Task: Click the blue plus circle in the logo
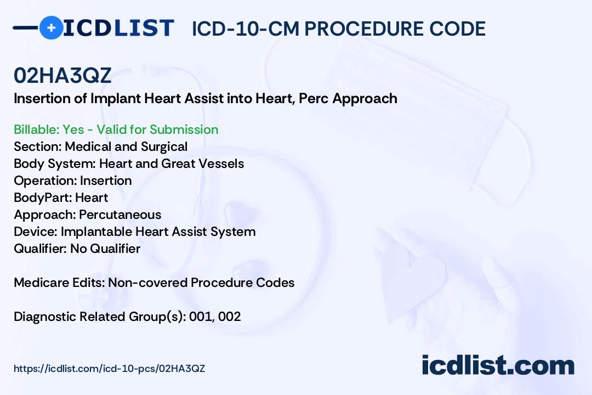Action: [51, 27]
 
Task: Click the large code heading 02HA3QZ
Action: [62, 76]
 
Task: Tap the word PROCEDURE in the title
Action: [363, 29]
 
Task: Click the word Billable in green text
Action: [36, 129]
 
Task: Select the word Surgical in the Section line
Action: [164, 146]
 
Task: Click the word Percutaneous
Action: [120, 215]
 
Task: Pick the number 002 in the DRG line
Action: [230, 317]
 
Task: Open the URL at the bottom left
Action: [110, 369]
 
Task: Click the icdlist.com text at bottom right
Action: [498, 365]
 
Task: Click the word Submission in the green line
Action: [184, 129]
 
